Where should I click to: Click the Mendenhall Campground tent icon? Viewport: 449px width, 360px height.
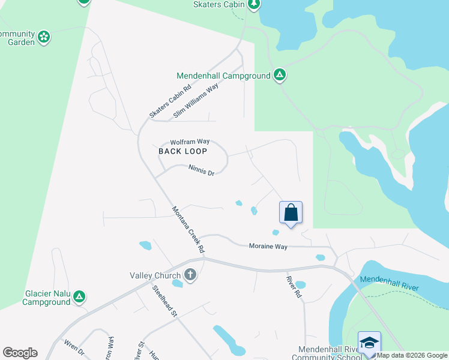pyautogui.click(x=279, y=76)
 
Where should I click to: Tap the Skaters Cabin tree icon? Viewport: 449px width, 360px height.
pyautogui.click(x=254, y=4)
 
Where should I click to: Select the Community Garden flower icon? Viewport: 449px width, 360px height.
pyautogui.click(x=44, y=37)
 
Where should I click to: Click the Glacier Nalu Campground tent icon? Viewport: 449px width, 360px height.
pyautogui.click(x=79, y=296)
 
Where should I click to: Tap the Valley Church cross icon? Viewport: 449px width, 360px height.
pyautogui.click(x=190, y=275)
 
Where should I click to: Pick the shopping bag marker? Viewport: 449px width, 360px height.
pyautogui.click(x=291, y=212)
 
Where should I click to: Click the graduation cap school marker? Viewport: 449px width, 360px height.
pyautogui.click(x=369, y=343)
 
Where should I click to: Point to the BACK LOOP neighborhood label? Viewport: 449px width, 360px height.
pyautogui.click(x=182, y=151)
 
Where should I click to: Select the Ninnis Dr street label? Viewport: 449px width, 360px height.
pyautogui.click(x=201, y=171)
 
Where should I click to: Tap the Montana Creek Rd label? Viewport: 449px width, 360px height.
pyautogui.click(x=189, y=229)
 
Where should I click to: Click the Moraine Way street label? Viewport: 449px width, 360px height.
pyautogui.click(x=268, y=246)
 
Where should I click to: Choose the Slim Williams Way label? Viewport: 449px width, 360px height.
pyautogui.click(x=196, y=101)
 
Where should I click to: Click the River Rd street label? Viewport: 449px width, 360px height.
pyautogui.click(x=293, y=287)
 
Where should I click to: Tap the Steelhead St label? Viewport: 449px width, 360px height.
pyautogui.click(x=165, y=300)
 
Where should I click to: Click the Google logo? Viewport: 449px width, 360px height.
pyautogui.click(x=20, y=353)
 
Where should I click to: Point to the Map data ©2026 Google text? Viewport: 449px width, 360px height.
pyautogui.click(x=412, y=355)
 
